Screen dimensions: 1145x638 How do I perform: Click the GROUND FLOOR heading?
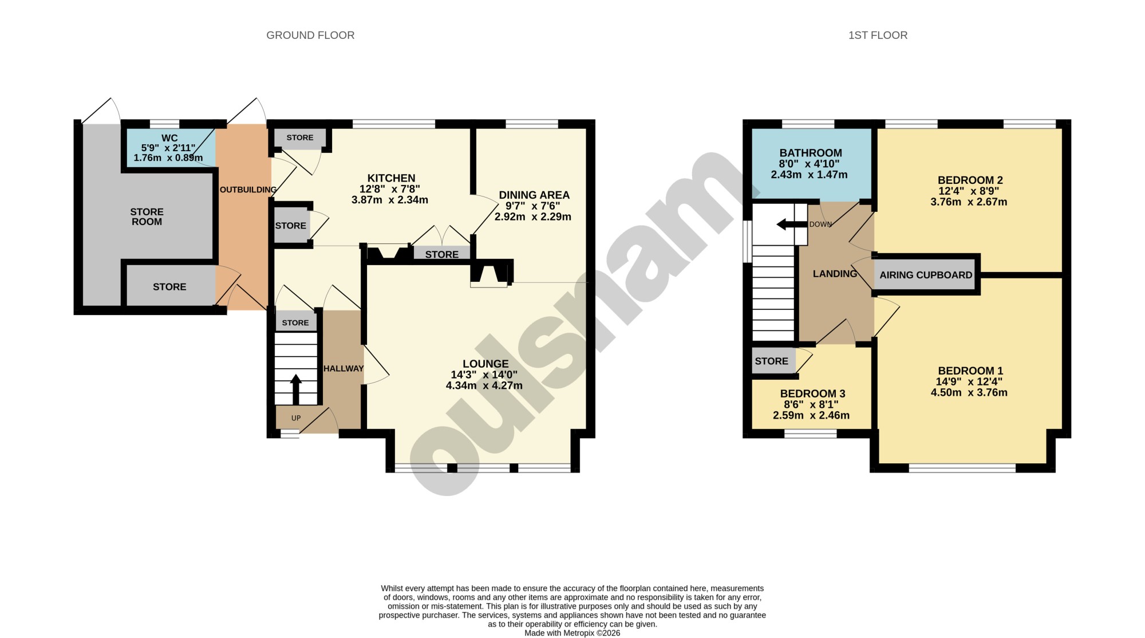(310, 36)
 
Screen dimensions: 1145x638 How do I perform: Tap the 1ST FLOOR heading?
(878, 36)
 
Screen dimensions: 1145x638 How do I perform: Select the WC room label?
(169, 138)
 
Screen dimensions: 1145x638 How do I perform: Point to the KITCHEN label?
(391, 178)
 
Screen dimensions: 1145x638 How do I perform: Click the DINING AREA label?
(534, 195)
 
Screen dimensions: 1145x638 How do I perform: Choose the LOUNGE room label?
(485, 364)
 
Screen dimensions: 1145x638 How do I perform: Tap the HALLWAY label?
(343, 369)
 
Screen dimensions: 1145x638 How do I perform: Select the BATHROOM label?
(811, 153)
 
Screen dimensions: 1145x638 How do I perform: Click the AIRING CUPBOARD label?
(926, 275)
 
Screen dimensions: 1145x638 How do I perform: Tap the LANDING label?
(835, 274)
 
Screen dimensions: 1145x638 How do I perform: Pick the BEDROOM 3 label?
(812, 393)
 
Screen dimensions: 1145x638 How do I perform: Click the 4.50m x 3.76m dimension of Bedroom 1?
(969, 392)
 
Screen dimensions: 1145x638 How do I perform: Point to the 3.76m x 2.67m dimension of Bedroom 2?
(969, 202)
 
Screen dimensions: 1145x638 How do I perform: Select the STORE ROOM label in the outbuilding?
(147, 216)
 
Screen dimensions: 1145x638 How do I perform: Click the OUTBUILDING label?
(248, 190)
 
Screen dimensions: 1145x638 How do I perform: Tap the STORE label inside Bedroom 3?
(771, 361)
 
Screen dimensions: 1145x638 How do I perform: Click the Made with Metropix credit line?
(572, 633)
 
